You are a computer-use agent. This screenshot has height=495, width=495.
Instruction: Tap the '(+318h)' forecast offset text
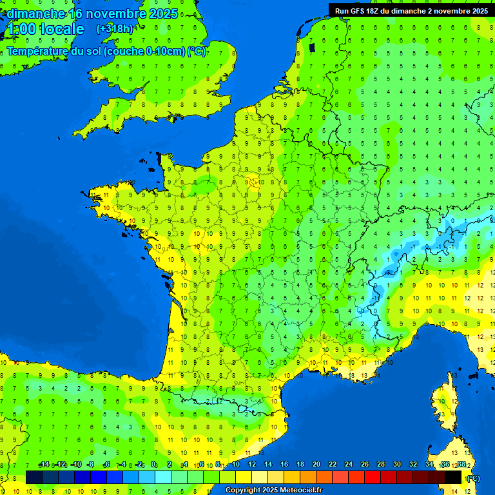pos(115,29)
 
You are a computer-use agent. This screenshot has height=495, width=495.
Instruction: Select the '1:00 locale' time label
pos(45,30)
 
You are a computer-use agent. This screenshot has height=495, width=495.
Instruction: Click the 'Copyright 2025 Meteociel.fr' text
pos(273,490)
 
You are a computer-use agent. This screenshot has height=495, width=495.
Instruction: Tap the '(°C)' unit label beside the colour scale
pos(473,478)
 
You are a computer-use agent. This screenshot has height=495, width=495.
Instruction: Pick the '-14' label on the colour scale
pos(44,465)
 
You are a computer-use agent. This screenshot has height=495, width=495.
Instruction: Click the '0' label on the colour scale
pos(153,465)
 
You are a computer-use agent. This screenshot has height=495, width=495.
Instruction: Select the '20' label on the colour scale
pos(316,465)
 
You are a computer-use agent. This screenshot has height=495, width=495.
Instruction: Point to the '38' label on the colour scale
pos(461,465)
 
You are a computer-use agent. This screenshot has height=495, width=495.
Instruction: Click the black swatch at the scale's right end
pos(453,478)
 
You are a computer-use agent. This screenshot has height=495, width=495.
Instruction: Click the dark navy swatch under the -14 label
pos(34,478)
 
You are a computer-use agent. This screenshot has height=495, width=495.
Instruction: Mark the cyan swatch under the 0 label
pos(163,478)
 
